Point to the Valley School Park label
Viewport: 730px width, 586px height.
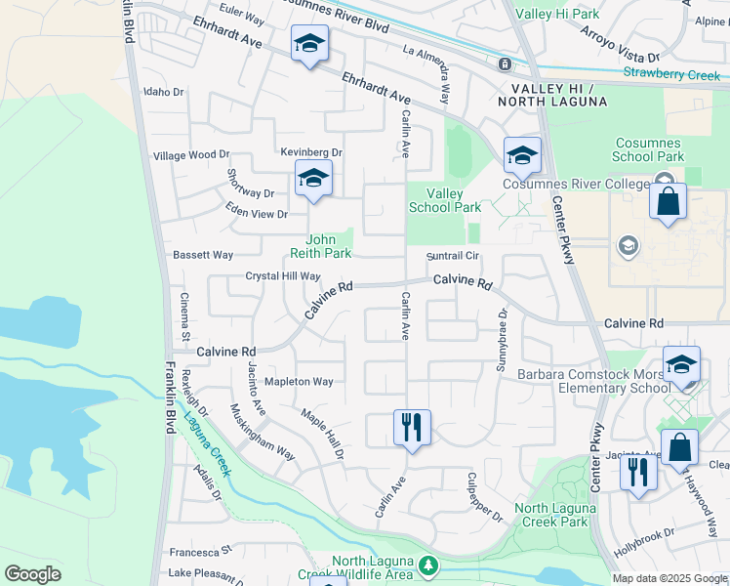pyautogui.click(x=444, y=200)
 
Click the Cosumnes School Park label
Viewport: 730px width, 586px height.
pyautogui.click(x=648, y=148)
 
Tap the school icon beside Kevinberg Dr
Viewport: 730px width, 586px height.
pyautogui.click(x=313, y=179)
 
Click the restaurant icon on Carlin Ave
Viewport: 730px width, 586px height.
pyautogui.click(x=412, y=427)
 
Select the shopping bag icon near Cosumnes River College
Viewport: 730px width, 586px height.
pyautogui.click(x=668, y=202)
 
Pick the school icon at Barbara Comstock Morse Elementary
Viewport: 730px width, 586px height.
pyautogui.click(x=681, y=365)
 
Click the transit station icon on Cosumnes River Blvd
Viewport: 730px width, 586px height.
pyautogui.click(x=505, y=64)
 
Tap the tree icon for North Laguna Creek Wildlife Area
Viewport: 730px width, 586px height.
pyautogui.click(x=427, y=565)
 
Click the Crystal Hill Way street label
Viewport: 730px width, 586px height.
pyautogui.click(x=282, y=276)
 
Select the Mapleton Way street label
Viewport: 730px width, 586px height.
pyautogui.click(x=300, y=381)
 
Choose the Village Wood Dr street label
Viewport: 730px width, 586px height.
pyautogui.click(x=191, y=154)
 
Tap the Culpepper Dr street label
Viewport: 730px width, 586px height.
pyautogui.click(x=484, y=496)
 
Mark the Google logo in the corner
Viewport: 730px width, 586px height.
pyautogui.click(x=32, y=574)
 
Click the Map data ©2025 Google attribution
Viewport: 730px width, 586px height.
pyautogui.click(x=669, y=578)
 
